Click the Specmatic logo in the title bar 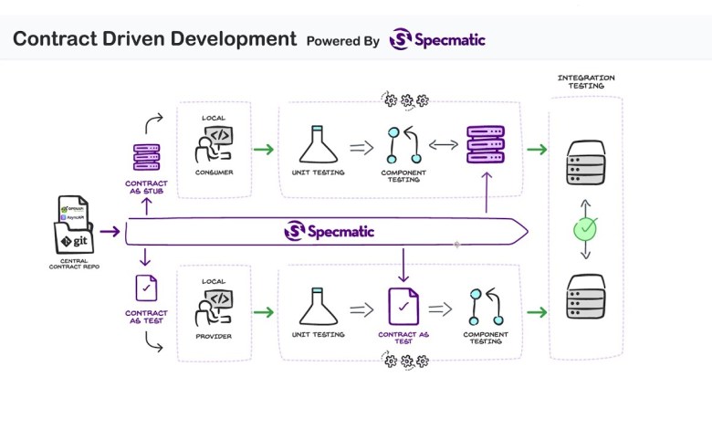point(436,39)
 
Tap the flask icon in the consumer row point(317,145)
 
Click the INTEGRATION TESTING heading point(585,83)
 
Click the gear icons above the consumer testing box point(406,99)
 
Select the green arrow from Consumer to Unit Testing point(265,149)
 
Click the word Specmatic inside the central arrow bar point(339,231)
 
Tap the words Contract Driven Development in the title point(154,39)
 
